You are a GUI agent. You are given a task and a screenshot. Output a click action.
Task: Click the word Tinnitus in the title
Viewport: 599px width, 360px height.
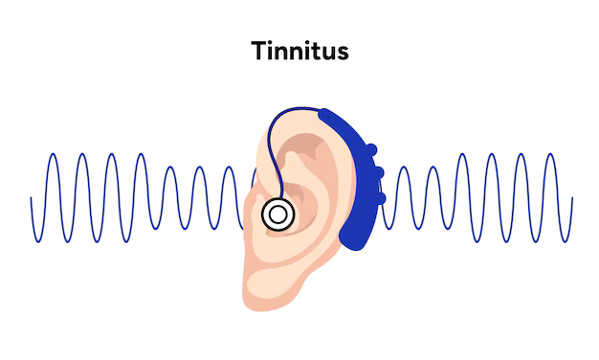(x=299, y=50)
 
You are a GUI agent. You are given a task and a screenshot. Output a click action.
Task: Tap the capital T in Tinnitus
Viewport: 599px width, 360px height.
(x=259, y=50)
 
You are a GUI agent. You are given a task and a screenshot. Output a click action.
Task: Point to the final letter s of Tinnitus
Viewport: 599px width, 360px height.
(x=342, y=52)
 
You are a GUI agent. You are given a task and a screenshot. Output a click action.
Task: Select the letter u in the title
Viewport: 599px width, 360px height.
(x=327, y=52)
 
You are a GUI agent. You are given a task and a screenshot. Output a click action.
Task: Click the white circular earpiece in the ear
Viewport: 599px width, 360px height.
(x=277, y=214)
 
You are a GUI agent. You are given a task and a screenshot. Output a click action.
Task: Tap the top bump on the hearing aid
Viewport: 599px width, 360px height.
(x=370, y=150)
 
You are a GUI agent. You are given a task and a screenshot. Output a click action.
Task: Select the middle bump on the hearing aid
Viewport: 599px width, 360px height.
(x=379, y=173)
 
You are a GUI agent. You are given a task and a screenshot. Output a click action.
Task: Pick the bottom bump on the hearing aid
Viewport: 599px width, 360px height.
(x=383, y=197)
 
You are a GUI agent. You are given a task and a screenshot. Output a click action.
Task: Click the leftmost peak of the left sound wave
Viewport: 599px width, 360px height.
(x=54, y=154)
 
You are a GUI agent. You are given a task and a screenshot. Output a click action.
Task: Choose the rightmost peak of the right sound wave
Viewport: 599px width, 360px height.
(x=550, y=154)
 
